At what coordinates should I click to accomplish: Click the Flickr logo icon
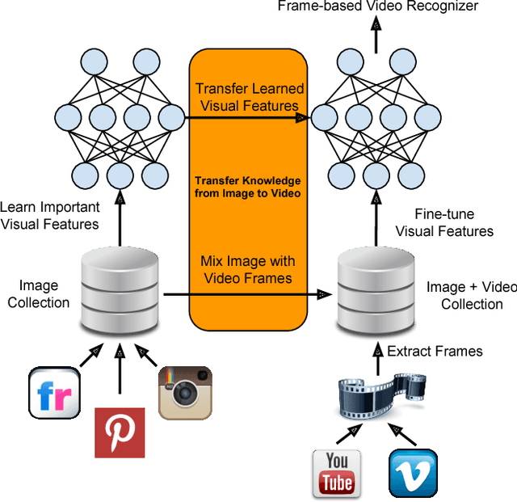[54, 392]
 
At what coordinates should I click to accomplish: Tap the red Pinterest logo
[120, 432]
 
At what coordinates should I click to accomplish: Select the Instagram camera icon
[184, 392]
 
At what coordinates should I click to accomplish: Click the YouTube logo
[336, 473]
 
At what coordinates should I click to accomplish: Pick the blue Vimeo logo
[413, 473]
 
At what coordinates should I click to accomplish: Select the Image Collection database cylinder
[120, 289]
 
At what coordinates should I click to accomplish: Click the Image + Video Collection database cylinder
[375, 289]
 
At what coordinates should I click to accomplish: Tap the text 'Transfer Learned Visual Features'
[248, 96]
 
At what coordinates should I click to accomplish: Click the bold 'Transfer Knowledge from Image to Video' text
[248, 186]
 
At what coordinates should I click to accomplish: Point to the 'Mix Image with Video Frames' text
[248, 269]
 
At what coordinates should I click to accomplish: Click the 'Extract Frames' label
[435, 351]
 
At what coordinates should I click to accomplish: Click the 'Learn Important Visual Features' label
[49, 215]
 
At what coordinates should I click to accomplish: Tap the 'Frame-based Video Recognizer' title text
[377, 6]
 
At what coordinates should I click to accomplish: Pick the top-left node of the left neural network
[94, 62]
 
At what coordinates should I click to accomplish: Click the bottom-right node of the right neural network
[412, 174]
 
